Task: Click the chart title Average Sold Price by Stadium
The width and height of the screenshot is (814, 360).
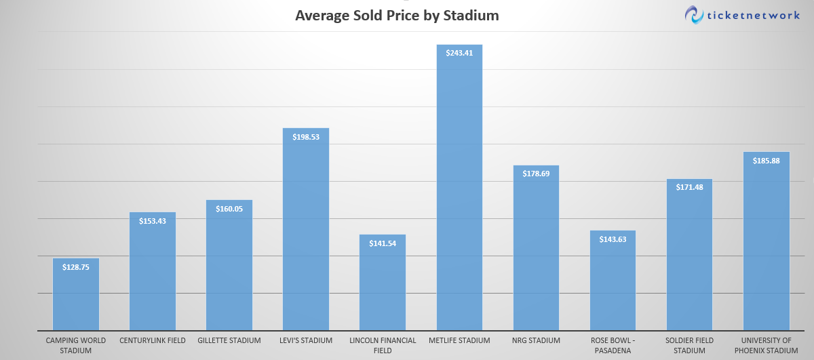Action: [397, 15]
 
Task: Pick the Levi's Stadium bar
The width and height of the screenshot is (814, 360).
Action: [305, 231]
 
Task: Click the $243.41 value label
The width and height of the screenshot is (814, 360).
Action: [459, 52]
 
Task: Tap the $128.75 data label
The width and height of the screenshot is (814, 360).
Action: [75, 267]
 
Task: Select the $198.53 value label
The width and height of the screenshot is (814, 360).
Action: [305, 136]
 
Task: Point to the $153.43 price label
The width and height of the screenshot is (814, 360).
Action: [153, 221]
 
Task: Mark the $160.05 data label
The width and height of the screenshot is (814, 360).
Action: [229, 209]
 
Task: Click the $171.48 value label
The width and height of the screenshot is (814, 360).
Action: [689, 187]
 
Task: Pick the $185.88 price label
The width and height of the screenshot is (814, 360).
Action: [766, 161]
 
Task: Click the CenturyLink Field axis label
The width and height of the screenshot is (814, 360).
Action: [153, 340]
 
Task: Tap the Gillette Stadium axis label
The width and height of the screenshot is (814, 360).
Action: [229, 340]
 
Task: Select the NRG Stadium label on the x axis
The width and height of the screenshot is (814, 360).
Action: [536, 340]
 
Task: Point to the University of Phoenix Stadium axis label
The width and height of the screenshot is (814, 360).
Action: [766, 345]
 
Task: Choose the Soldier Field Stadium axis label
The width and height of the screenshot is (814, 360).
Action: [689, 345]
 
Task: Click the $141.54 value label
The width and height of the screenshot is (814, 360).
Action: [383, 243]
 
